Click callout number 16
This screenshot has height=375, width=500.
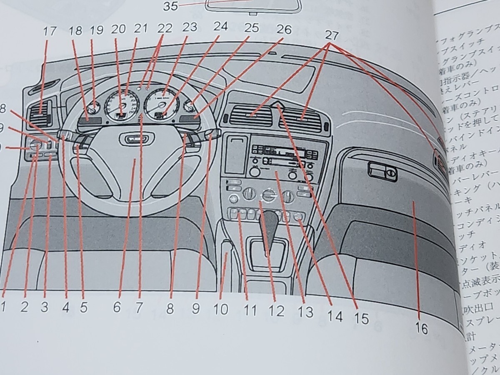coord(422,329)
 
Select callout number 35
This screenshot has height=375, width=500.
coord(171,6)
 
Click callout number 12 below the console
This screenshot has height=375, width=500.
coord(277,310)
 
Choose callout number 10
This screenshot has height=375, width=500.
coord(221,309)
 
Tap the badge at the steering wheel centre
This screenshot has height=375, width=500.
coord(129,139)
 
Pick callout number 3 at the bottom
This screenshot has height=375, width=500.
coord(45,307)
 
